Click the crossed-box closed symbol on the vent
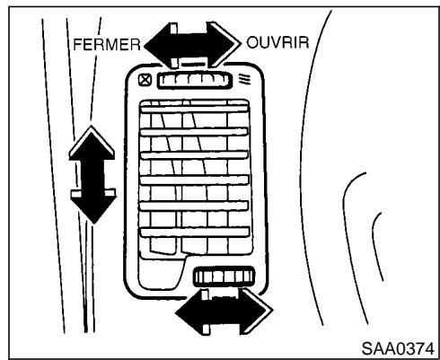(143, 81)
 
